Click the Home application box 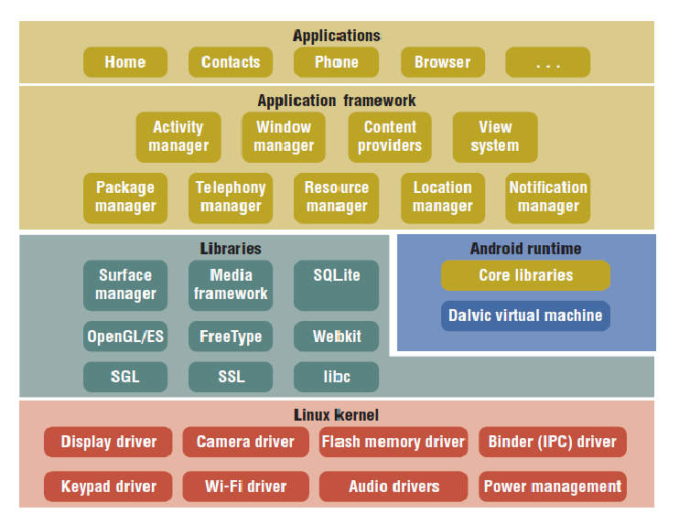coord(125,62)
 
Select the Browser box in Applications coord(443,62)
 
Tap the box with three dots coord(548,62)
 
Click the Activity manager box coord(178,137)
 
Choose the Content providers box coord(390,137)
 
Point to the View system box coord(495,137)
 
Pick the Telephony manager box coord(231,198)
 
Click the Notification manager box coord(548,198)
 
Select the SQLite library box coord(337,285)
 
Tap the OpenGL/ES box coord(125,337)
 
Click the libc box coord(337,377)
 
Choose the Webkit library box coord(337,337)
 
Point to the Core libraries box coord(525,275)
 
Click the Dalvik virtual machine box coord(525,315)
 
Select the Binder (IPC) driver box coord(553,442)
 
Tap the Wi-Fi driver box coord(246,487)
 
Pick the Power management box coord(553,487)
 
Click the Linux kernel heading coord(337,415)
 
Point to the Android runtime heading coord(525,249)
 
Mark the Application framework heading coord(337,101)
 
